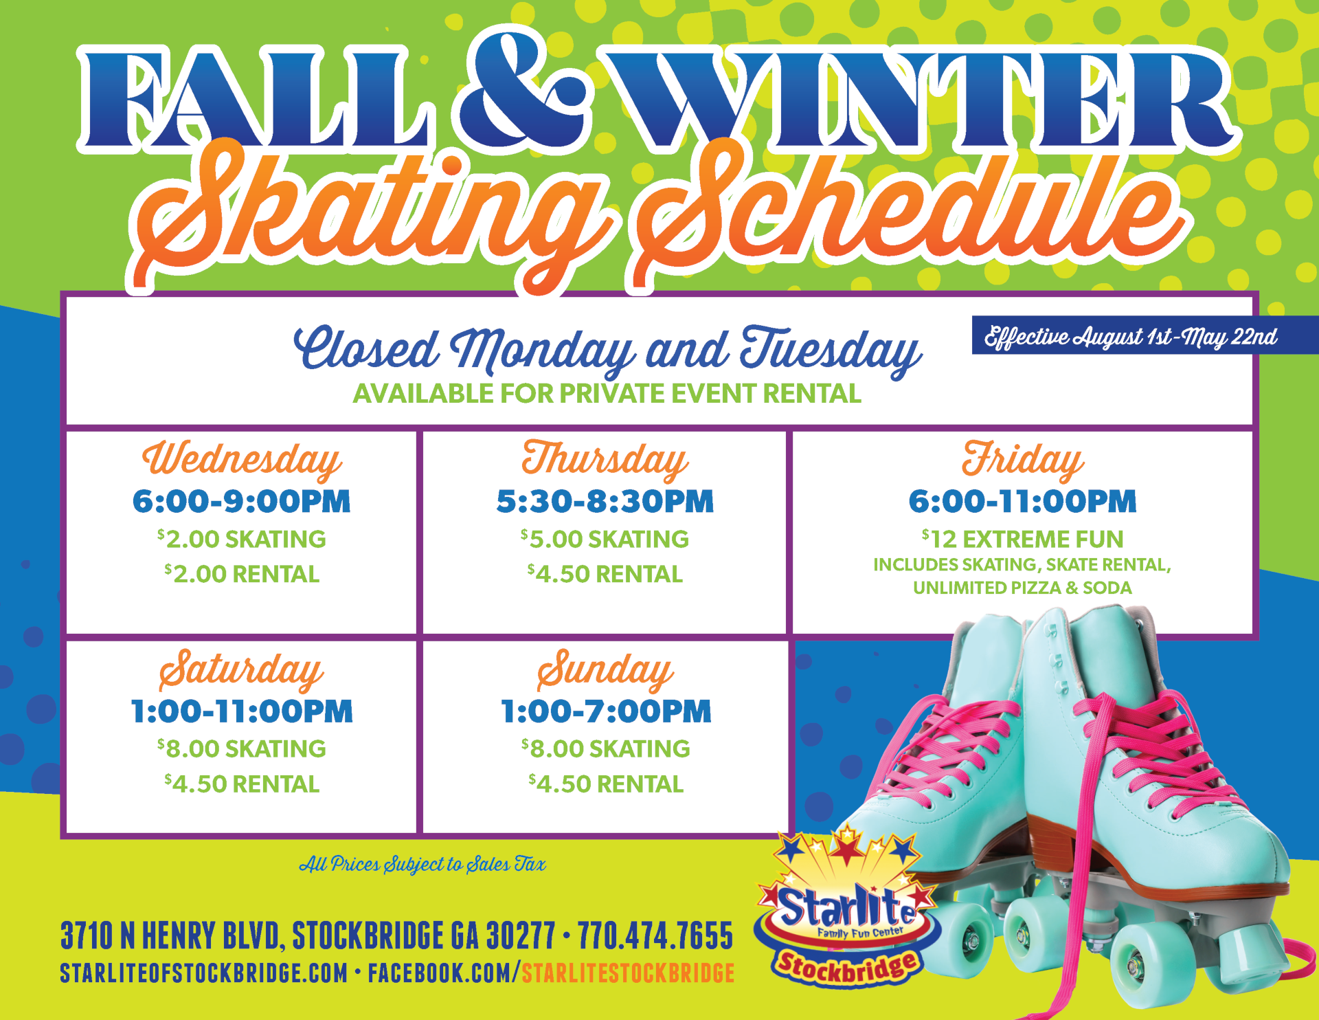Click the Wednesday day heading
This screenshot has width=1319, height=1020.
(x=242, y=459)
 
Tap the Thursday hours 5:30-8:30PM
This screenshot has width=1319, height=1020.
(x=605, y=501)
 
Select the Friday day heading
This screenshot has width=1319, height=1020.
(x=1022, y=459)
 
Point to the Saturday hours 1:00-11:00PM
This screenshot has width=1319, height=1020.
(x=242, y=711)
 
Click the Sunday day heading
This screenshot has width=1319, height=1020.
(x=605, y=670)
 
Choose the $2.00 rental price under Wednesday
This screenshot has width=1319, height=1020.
(x=242, y=574)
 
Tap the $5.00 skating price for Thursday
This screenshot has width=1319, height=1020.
(x=605, y=539)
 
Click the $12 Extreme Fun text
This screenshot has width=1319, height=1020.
(x=1022, y=539)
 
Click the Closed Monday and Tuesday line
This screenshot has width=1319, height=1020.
(x=607, y=349)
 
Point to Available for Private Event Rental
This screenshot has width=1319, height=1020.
(x=607, y=394)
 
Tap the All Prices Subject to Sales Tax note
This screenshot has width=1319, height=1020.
(x=422, y=864)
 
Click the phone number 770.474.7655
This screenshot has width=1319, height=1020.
(x=655, y=935)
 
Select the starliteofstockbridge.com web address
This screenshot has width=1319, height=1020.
(x=203, y=973)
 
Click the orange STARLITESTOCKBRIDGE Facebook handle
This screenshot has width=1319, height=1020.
(x=628, y=973)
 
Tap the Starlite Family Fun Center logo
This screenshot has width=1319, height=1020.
(x=846, y=911)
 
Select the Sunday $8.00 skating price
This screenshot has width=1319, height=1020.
(x=605, y=749)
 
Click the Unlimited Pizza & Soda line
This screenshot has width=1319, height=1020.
(x=1022, y=588)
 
